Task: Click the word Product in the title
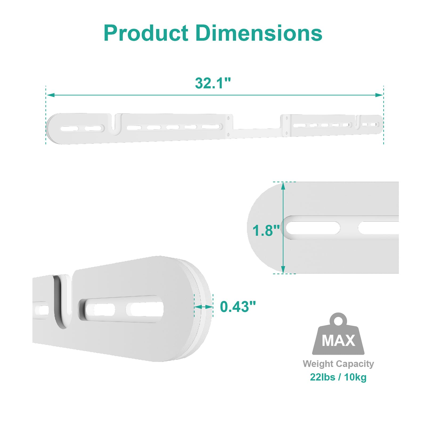[146, 33]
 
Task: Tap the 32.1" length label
[213, 83]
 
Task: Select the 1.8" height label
[266, 231]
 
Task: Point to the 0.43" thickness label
[238, 307]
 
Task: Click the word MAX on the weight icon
[338, 341]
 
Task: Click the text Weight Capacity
[338, 364]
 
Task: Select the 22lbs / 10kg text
[338, 377]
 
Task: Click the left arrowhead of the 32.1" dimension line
[50, 95]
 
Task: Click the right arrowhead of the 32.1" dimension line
[379, 95]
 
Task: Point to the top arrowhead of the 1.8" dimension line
[283, 186]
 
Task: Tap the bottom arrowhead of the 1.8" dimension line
[283, 269]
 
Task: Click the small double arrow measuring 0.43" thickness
[204, 307]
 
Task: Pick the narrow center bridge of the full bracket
[257, 133]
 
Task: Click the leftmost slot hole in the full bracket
[69, 129]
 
